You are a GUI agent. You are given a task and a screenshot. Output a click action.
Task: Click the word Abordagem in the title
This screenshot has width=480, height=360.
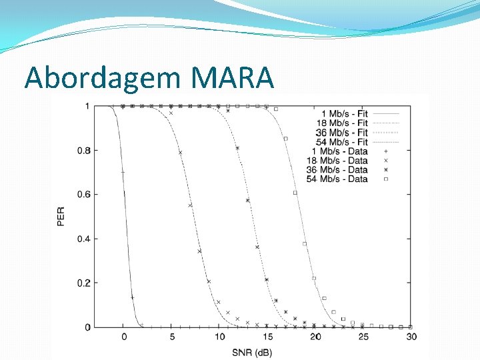click(102, 79)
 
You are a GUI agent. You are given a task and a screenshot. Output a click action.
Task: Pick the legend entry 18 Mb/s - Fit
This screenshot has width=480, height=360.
click(341, 123)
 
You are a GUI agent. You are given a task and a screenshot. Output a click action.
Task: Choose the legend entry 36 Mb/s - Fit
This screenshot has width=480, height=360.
click(341, 133)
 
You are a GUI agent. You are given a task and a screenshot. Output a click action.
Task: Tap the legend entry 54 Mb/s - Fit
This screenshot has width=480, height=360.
click(341, 142)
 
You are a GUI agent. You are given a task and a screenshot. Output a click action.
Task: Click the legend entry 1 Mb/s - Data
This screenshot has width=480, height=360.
click(343, 151)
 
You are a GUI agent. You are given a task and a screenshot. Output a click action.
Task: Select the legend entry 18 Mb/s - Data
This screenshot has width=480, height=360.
click(341, 160)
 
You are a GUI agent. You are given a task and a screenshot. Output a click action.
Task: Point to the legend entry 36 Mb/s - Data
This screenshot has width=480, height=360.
click(341, 169)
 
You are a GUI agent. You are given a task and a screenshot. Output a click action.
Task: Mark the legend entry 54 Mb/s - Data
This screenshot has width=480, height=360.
click(341, 179)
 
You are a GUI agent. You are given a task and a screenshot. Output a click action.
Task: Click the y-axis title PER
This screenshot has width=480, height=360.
click(61, 216)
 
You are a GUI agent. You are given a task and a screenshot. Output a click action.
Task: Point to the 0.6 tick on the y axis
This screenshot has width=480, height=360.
click(85, 195)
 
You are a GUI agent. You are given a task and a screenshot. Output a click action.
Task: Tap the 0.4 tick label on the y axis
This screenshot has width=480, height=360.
click(85, 239)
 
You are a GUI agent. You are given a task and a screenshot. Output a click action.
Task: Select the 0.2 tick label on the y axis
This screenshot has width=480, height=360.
click(85, 283)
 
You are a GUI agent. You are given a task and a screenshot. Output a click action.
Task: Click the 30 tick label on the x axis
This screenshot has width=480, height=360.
click(411, 337)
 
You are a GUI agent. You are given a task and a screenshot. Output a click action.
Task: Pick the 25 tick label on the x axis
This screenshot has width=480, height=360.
click(363, 337)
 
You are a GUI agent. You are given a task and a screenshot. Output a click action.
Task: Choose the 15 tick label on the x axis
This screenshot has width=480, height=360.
click(267, 337)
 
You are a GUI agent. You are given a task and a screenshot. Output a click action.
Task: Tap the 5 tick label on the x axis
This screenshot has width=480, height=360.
click(172, 337)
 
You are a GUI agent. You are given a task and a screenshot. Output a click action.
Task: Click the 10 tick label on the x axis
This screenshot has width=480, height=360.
click(219, 337)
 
